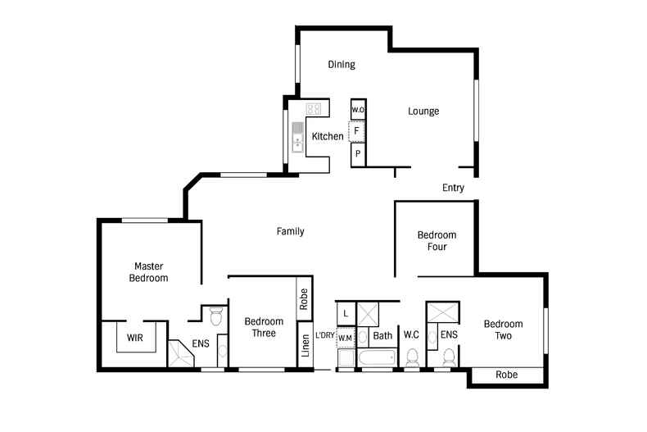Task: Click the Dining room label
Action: tap(341, 65)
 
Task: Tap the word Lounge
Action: tap(424, 111)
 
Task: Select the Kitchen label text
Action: tap(328, 136)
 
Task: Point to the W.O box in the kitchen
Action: tap(358, 109)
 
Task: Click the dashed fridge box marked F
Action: tap(357, 131)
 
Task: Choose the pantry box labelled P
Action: tap(358, 153)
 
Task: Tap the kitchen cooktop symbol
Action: tap(313, 108)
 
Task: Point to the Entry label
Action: tap(453, 188)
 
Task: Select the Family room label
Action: tap(290, 232)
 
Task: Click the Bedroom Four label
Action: tap(437, 240)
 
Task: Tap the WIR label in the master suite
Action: tap(134, 337)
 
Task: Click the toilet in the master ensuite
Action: tap(217, 315)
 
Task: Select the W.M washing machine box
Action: tap(346, 337)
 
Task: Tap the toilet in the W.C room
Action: tap(412, 358)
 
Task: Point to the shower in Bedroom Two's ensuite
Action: tap(443, 313)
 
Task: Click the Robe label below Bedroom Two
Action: tap(507, 375)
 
